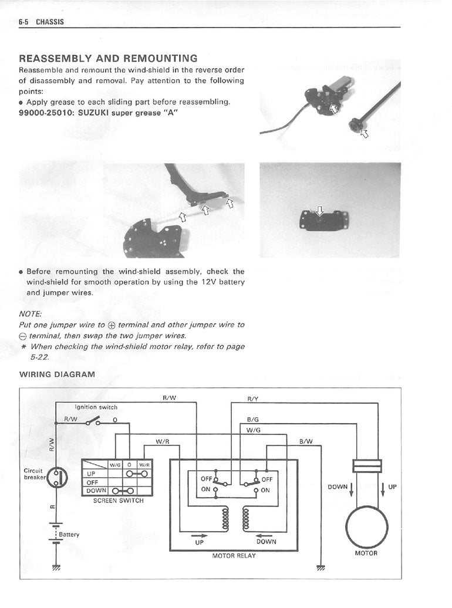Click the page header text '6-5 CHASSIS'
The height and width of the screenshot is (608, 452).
(41, 22)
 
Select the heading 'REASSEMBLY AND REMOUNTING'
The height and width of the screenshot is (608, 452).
(108, 59)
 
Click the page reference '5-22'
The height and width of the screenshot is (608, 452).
(40, 357)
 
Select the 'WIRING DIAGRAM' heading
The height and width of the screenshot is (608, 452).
(57, 374)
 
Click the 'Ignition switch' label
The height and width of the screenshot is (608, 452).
(96, 407)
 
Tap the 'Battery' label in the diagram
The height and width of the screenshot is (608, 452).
(69, 535)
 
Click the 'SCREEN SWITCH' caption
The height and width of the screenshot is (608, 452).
(118, 501)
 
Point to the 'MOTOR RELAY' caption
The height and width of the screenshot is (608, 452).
(234, 555)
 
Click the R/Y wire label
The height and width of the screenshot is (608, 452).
(253, 398)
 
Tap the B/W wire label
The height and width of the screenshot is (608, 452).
(306, 441)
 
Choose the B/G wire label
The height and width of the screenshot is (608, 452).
(254, 420)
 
